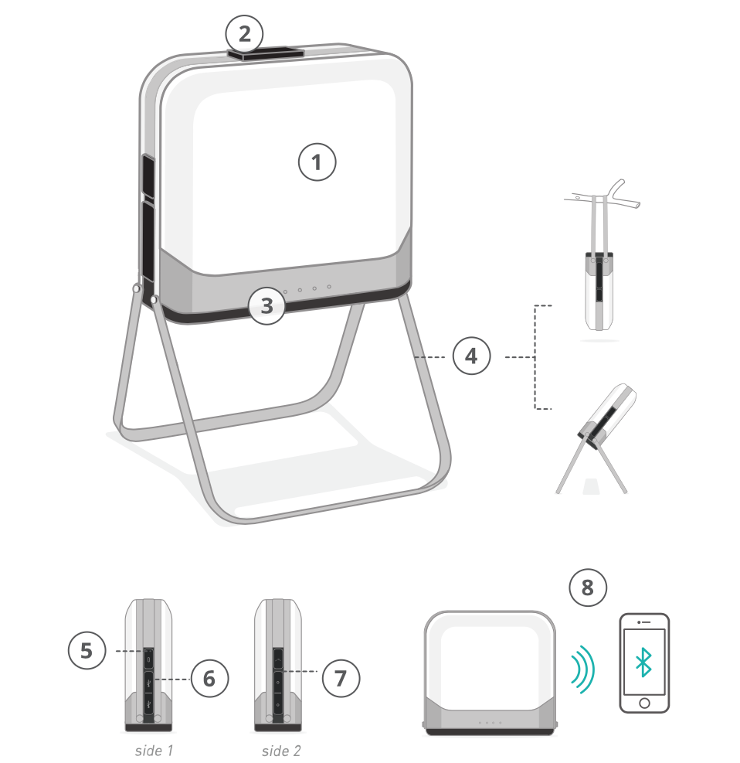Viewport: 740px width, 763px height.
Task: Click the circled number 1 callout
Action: (317, 162)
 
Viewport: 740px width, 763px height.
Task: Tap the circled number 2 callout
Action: (244, 34)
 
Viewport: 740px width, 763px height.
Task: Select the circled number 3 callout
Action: (267, 305)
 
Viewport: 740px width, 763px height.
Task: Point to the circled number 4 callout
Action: (471, 356)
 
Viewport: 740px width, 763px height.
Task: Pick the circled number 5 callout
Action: (87, 650)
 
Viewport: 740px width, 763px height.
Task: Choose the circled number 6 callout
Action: (209, 678)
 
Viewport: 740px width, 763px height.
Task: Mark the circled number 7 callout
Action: (341, 678)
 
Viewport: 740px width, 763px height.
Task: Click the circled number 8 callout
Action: (588, 588)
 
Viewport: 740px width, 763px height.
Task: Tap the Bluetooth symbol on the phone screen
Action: (643, 663)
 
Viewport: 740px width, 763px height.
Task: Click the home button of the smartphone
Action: (644, 703)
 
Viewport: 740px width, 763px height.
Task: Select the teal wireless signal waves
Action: (583, 669)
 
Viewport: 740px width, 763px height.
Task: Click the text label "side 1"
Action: (154, 751)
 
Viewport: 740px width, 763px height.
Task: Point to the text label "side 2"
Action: (281, 751)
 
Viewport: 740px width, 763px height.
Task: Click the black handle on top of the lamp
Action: (266, 53)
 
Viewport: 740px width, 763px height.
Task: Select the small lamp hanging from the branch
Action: (599, 291)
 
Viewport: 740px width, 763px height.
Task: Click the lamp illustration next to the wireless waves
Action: (490, 673)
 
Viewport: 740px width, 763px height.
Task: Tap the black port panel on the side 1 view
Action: (149, 683)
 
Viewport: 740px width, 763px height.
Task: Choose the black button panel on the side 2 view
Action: (278, 681)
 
